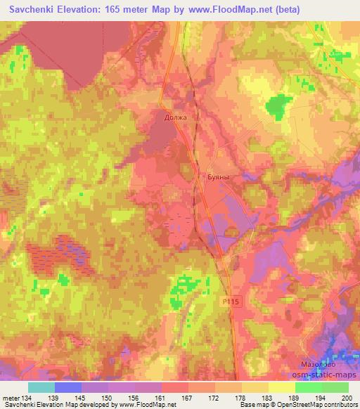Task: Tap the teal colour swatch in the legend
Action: pos(41,387)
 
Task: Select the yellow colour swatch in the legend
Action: pos(281,387)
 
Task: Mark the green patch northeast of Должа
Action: pos(278,105)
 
